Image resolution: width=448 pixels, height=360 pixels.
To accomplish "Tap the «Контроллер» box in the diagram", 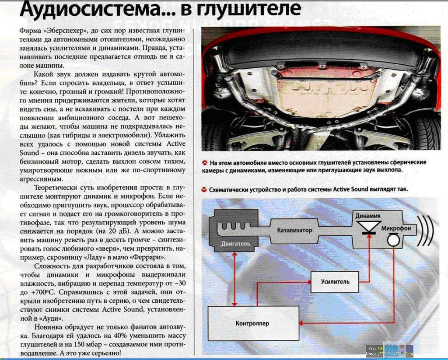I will [x=252, y=324].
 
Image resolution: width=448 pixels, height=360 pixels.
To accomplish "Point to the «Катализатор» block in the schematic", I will [x=294, y=230].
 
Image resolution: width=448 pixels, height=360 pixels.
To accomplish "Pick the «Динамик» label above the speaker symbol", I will [x=367, y=216].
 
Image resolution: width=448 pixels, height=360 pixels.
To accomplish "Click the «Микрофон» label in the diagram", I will [x=395, y=228].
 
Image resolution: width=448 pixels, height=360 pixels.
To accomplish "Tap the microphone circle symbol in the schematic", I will [x=393, y=239].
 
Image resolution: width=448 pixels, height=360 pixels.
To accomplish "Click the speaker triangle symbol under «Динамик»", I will [x=368, y=227].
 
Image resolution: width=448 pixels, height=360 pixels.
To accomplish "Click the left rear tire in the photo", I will [x=214, y=136].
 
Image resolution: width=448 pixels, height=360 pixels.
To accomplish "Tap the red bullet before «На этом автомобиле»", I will [x=204, y=163].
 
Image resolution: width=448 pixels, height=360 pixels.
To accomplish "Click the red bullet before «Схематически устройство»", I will [x=204, y=190].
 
